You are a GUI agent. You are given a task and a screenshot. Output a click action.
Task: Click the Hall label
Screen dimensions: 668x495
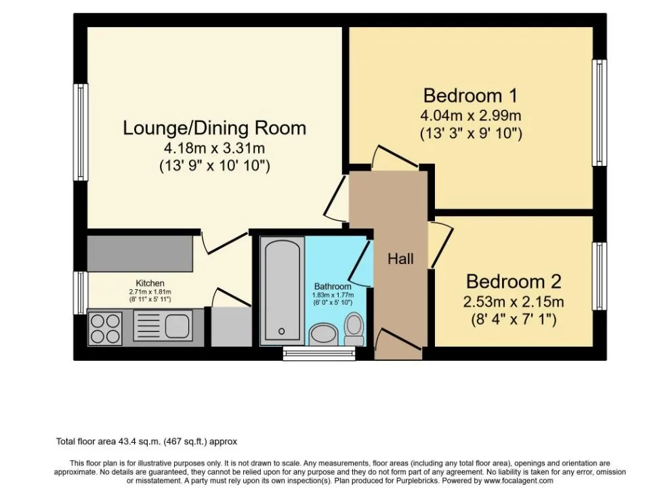[x=400, y=259]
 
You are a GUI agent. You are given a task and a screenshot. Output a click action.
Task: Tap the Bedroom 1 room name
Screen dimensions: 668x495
[x=470, y=95]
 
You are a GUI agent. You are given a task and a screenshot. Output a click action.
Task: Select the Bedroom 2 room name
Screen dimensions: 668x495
[x=514, y=282]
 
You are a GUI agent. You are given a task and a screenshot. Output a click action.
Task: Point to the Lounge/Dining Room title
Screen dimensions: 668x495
[x=215, y=128]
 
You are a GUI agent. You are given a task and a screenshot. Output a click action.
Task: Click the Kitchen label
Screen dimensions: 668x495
[x=150, y=283]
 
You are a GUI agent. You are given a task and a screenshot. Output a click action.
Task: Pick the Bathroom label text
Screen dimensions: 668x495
[x=333, y=286]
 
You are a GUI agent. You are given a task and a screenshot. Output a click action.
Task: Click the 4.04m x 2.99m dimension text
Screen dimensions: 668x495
[x=470, y=115]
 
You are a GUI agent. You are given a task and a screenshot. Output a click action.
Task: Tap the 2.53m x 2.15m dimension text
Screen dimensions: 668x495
[x=514, y=301]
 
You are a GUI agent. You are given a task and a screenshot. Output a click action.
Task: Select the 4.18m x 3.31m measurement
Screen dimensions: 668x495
[x=215, y=148]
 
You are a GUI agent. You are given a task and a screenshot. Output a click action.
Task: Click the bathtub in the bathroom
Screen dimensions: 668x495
[x=282, y=291]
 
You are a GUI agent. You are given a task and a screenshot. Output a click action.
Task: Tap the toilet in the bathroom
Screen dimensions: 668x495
[x=354, y=329]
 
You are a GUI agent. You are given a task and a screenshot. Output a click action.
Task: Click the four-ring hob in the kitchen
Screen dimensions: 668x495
[x=105, y=328]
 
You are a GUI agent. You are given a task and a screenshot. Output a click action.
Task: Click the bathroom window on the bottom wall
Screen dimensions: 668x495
[x=319, y=353]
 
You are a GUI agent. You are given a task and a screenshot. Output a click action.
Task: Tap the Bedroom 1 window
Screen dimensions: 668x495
[x=600, y=112]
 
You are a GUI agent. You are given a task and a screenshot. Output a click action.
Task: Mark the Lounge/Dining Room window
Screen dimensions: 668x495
[x=81, y=132]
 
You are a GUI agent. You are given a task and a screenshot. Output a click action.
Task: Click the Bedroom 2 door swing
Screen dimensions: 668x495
[x=441, y=244]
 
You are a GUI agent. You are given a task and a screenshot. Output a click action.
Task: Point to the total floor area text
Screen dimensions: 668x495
[x=146, y=442]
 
